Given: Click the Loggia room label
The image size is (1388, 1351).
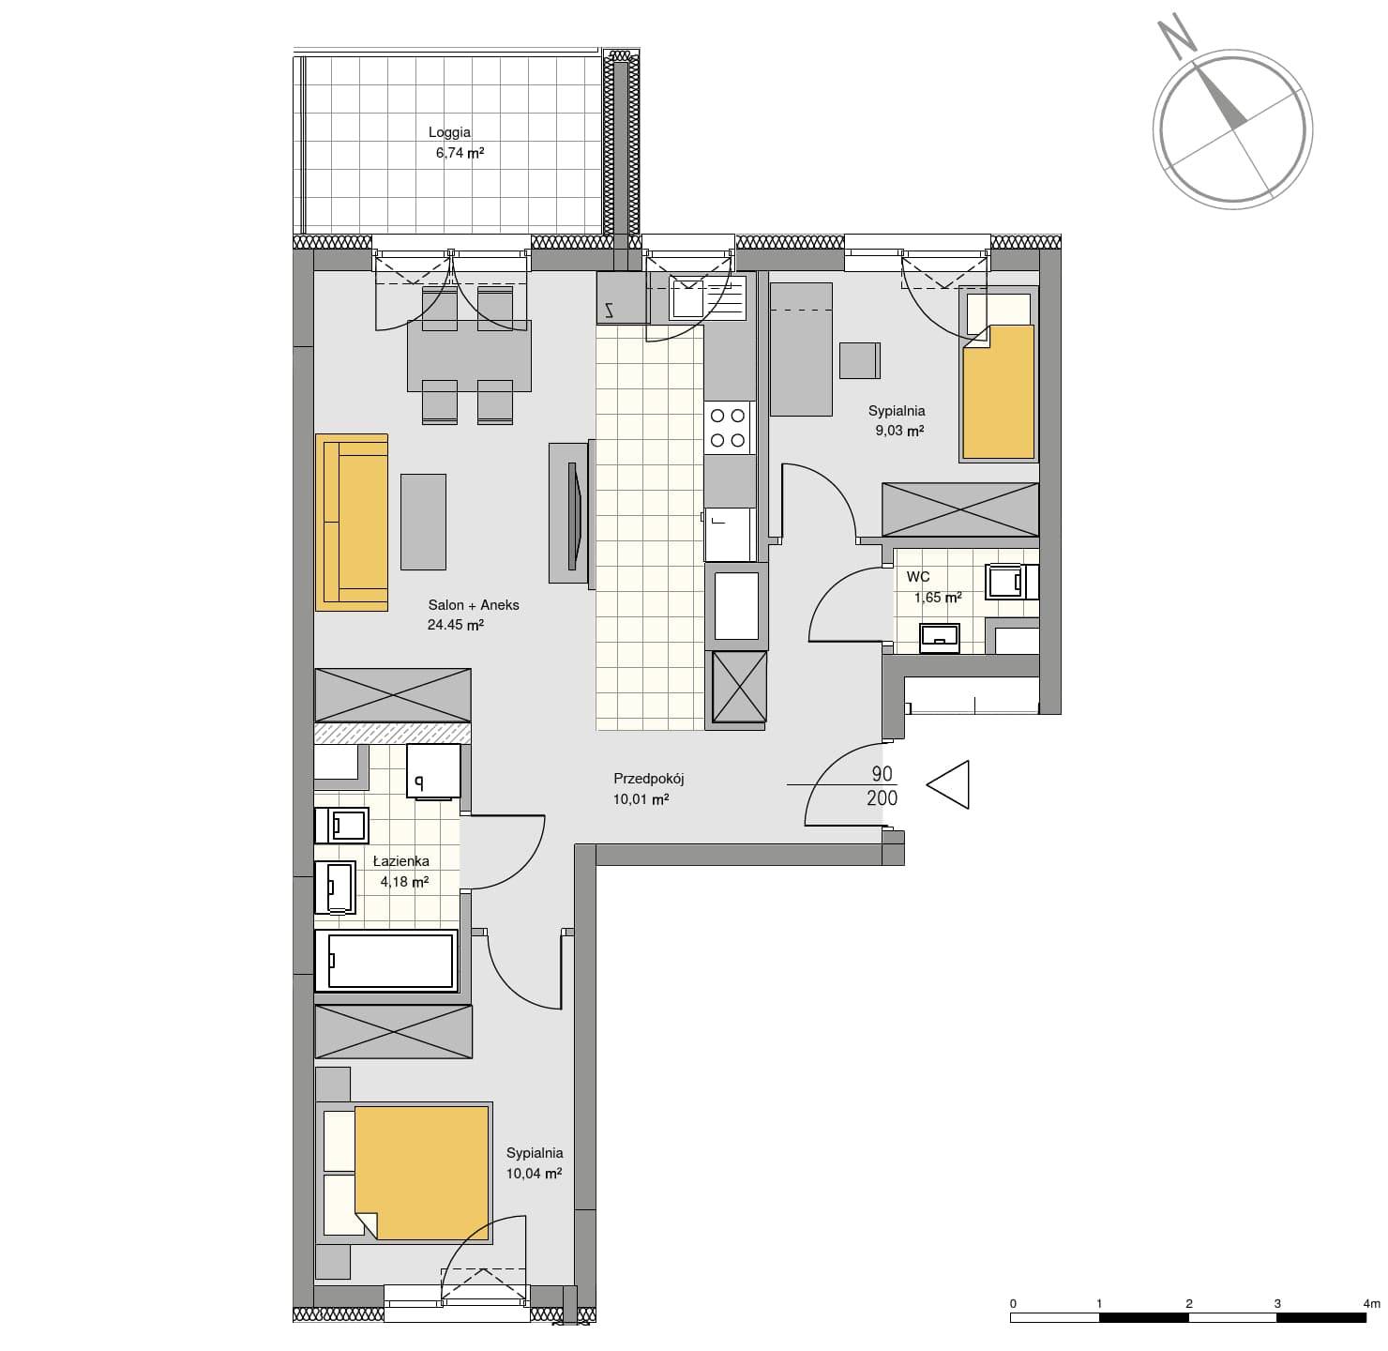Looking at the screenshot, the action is pos(449,132).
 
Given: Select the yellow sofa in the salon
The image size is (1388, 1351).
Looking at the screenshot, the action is pos(352,523).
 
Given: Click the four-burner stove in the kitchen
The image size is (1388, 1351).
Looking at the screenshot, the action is pos(729,428).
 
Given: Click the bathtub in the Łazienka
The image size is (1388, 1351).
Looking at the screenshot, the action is pos(385,961).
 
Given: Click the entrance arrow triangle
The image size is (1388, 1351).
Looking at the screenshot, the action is pos(948,784).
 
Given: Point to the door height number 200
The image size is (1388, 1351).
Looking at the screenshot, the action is pos(882,797).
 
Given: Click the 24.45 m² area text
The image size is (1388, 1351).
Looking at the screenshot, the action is pos(456,625).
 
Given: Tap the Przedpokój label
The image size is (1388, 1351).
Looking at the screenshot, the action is pos(648,779).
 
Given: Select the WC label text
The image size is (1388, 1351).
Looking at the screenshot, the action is pos(918,577).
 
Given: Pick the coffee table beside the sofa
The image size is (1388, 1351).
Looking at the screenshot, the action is pos(423,522).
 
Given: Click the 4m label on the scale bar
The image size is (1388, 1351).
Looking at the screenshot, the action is pos(1372,1303).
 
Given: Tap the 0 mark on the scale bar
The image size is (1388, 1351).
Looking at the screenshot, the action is pos(1013,1303).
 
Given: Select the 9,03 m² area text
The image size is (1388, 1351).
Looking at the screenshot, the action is pos(899,431).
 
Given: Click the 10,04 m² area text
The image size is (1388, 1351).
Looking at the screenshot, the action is pos(534,1173).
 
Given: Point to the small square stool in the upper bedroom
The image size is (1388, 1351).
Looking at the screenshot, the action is pos(859,360).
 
